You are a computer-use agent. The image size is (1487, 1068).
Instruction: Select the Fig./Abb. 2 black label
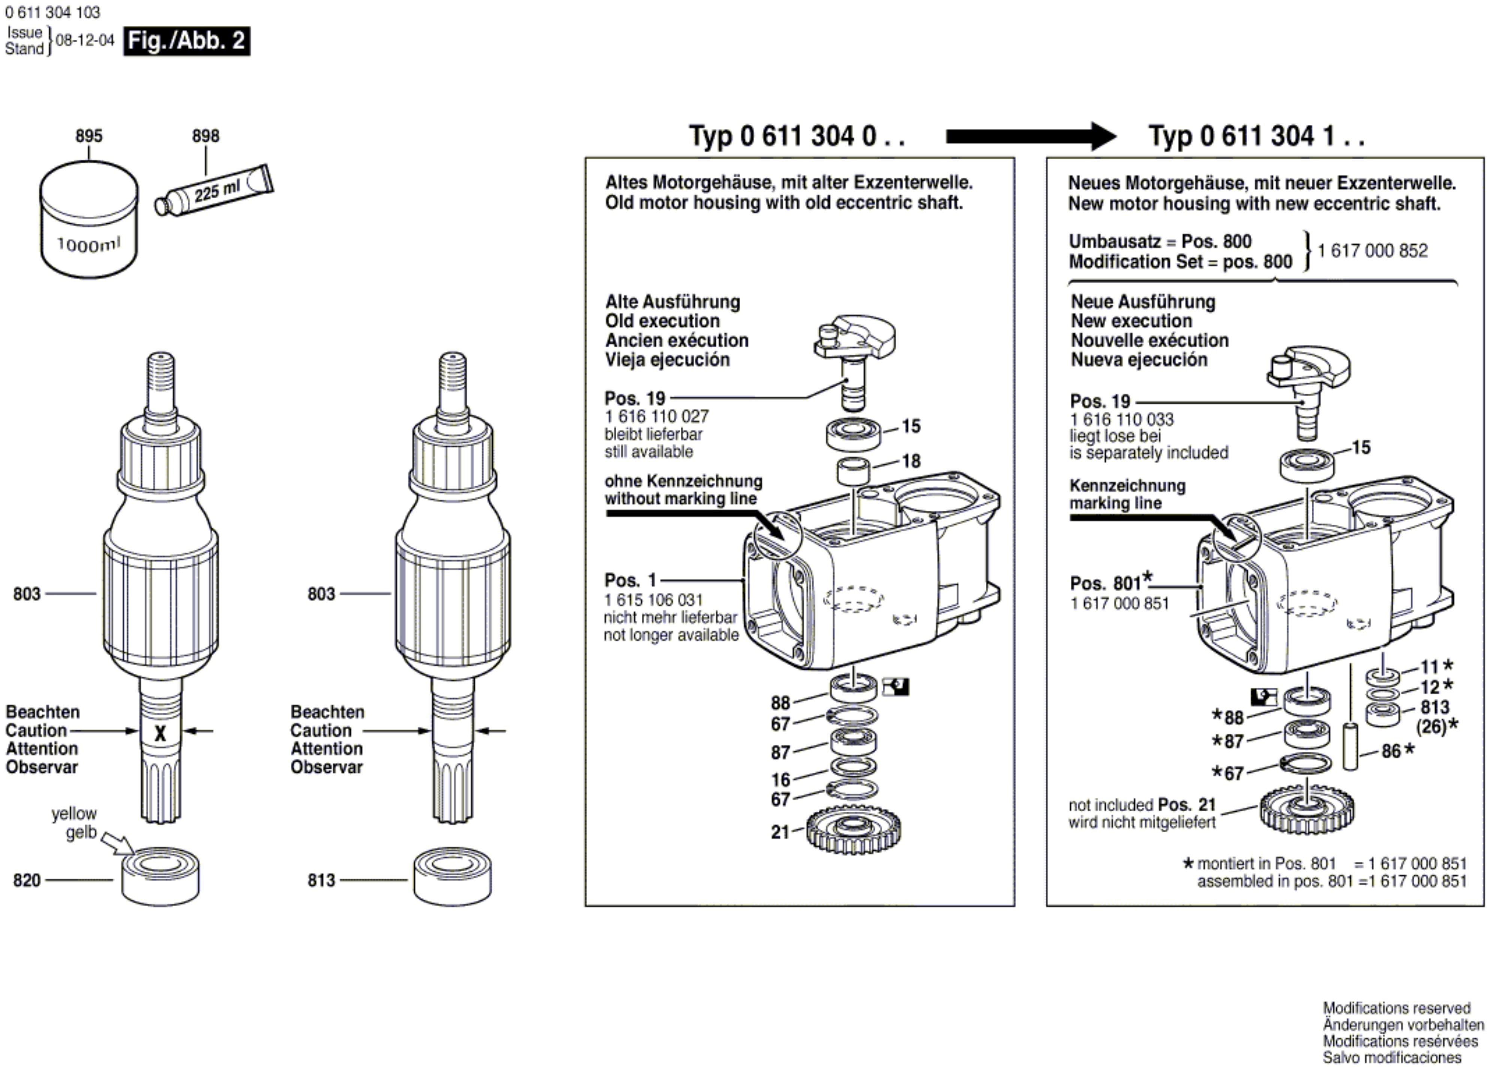[x=187, y=40]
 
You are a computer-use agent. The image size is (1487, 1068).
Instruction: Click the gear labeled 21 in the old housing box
[x=852, y=829]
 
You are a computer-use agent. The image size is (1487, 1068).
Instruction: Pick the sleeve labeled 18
[x=853, y=471]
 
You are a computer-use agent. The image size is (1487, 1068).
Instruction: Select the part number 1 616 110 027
[x=656, y=416]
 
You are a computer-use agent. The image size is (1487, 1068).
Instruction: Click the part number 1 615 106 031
[x=653, y=600]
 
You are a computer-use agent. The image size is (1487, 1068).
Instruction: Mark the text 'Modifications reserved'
[x=1397, y=1008]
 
